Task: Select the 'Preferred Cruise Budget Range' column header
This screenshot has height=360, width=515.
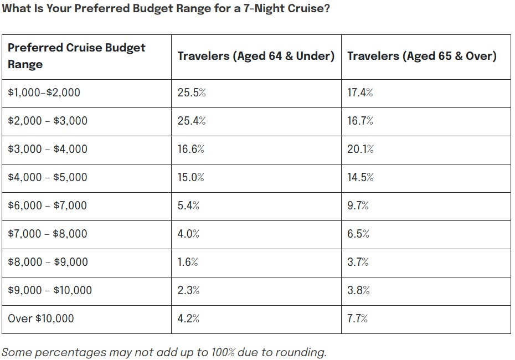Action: click(x=76, y=56)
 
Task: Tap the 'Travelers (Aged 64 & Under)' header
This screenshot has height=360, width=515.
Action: click(x=256, y=56)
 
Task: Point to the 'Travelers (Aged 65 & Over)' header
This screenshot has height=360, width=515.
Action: click(x=422, y=56)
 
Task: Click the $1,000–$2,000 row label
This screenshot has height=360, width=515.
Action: click(x=44, y=92)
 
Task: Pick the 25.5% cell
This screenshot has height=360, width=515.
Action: click(x=192, y=92)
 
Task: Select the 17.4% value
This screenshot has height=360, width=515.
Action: click(x=360, y=92)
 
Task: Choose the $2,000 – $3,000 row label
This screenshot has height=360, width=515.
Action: click(x=48, y=121)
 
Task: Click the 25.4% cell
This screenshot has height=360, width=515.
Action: click(x=192, y=121)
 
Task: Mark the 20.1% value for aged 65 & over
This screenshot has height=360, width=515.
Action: click(x=360, y=149)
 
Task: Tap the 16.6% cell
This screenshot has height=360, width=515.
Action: click(x=191, y=149)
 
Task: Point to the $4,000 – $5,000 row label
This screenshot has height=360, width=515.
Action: click(x=48, y=177)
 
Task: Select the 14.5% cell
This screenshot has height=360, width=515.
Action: click(x=360, y=177)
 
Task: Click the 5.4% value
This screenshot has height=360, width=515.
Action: click(x=189, y=205)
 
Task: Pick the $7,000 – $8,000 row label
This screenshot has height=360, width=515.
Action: click(x=48, y=234)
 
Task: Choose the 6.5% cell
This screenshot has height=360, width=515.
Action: click(x=358, y=234)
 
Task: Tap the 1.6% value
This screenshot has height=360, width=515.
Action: click(x=188, y=262)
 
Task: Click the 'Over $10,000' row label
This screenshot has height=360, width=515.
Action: click(x=41, y=318)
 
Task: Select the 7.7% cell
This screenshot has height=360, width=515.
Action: click(x=358, y=318)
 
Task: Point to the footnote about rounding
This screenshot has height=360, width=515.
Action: click(x=164, y=352)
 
